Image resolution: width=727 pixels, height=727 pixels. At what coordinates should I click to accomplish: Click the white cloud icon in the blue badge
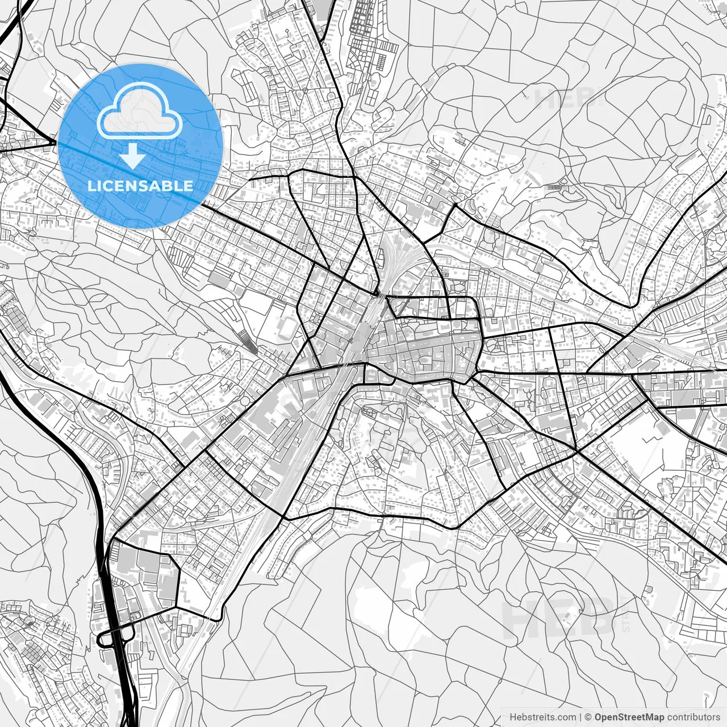point(140,111)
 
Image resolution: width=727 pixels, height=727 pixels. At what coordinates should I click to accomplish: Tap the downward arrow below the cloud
point(132,156)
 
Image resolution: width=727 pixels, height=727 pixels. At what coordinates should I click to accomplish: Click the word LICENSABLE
point(140,186)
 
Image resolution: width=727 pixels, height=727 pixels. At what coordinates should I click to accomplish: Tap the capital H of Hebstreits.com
point(513,717)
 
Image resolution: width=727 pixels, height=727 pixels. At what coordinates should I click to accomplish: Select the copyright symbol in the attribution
point(588,717)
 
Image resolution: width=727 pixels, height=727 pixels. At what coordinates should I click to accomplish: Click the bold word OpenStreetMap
point(629,717)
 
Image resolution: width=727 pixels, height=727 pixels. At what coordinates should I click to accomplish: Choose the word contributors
point(693,717)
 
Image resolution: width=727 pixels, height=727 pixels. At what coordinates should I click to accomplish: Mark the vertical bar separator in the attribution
point(580,717)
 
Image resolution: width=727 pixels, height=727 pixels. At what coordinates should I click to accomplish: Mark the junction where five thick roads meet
point(577,452)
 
